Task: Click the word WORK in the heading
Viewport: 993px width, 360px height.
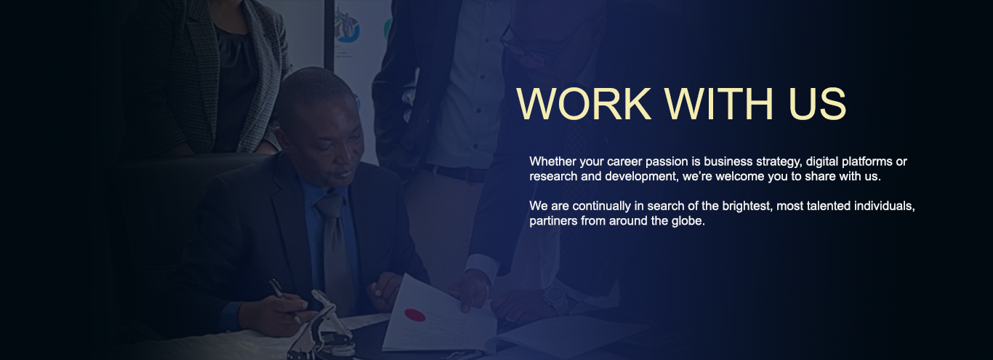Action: pos(584,103)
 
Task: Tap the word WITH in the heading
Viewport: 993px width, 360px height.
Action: pos(720,103)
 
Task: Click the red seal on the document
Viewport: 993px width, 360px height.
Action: pos(415,315)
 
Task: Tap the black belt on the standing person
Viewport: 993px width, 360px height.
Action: pos(454,173)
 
